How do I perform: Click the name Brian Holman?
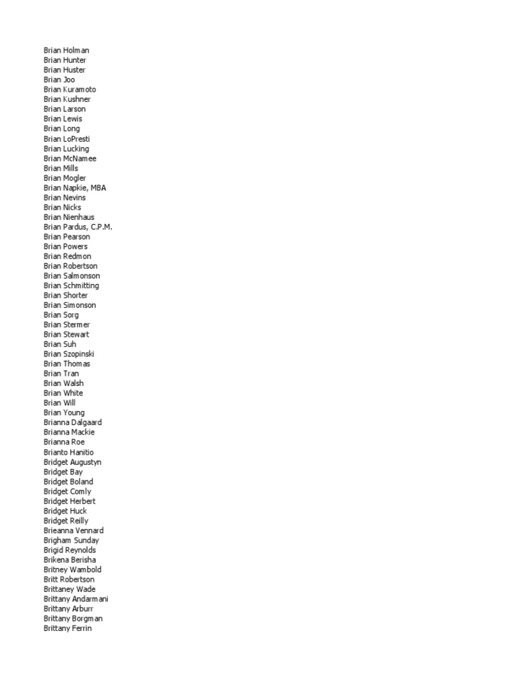click(66, 51)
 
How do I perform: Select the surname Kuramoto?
click(80, 90)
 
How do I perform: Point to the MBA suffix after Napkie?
click(98, 188)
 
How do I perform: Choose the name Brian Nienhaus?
click(69, 217)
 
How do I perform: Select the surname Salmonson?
click(82, 276)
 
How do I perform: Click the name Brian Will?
click(59, 403)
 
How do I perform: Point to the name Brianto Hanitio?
click(69, 452)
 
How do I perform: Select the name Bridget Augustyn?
click(72, 462)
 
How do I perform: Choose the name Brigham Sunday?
click(71, 541)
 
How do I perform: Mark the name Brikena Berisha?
click(69, 560)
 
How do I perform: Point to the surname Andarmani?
click(90, 599)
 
